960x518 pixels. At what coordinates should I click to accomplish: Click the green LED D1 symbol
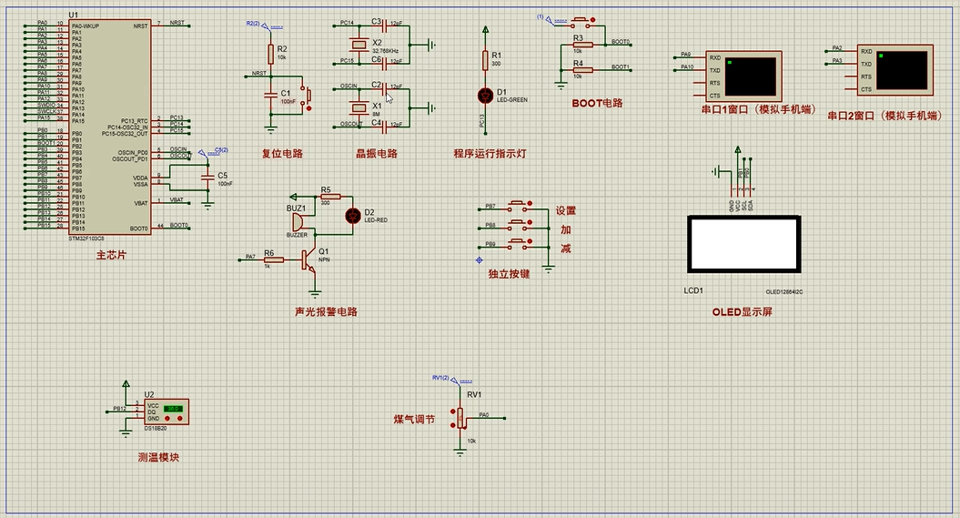click(484, 94)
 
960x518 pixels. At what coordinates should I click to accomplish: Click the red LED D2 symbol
click(353, 215)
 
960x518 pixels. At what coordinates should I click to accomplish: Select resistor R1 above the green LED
click(484, 61)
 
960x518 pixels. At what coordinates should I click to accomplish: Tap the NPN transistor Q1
click(312, 259)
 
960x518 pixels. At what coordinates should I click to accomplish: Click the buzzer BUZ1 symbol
click(298, 223)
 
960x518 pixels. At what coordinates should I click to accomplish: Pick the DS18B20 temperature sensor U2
click(167, 411)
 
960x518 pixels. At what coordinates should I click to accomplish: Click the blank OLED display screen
click(743, 244)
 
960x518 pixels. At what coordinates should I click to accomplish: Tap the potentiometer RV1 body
click(460, 417)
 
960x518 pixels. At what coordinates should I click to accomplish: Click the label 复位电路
click(282, 153)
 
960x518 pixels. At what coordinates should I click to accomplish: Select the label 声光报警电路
click(326, 311)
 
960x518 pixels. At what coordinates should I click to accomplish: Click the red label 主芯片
click(111, 256)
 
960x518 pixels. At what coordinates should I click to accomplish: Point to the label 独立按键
click(509, 273)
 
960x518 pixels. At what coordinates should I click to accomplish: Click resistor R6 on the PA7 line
click(268, 259)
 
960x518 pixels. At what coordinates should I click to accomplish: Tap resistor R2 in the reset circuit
click(270, 53)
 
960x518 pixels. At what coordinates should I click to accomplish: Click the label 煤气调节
click(414, 420)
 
